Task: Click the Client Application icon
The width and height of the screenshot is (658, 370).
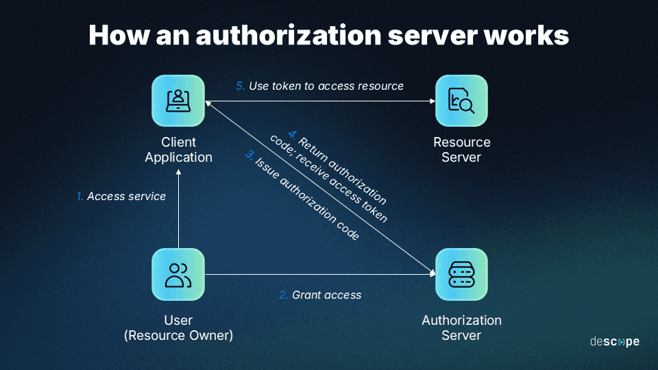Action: (178, 101)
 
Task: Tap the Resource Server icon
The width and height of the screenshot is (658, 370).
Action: (461, 101)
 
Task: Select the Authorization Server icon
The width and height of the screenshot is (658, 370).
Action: (461, 274)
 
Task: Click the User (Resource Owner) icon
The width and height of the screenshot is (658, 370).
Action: (178, 274)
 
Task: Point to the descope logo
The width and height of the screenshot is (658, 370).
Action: (614, 341)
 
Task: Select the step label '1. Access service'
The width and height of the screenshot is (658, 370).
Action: (121, 197)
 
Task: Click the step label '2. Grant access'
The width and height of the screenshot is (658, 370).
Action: (320, 295)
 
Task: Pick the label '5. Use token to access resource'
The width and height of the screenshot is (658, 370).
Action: (319, 86)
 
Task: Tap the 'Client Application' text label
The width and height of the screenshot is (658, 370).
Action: (178, 150)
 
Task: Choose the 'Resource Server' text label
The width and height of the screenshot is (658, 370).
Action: (461, 150)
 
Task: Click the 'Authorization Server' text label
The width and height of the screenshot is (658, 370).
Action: (461, 328)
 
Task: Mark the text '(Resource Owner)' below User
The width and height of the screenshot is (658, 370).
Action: (178, 336)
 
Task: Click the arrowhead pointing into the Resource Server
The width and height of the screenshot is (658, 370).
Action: (432, 101)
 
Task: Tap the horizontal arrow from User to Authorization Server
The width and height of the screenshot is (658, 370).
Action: (315, 275)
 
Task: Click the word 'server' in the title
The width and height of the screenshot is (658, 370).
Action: (425, 36)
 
